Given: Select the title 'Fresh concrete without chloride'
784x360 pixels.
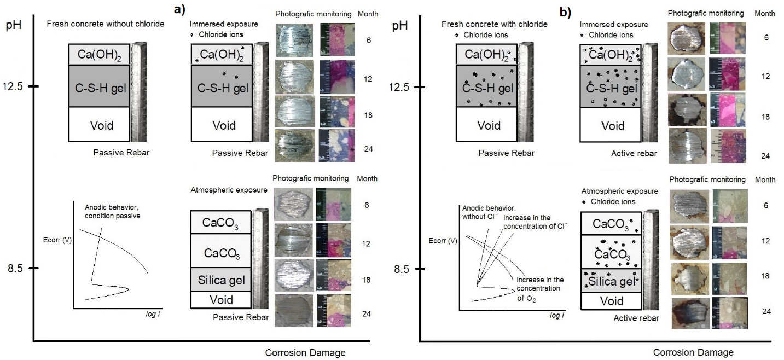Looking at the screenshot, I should [106, 24].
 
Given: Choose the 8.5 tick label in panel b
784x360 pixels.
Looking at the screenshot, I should [404, 269].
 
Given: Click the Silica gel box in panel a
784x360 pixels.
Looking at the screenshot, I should [220, 280].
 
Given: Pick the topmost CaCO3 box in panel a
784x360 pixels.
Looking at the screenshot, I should [220, 223].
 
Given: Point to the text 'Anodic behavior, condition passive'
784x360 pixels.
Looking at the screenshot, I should [113, 211].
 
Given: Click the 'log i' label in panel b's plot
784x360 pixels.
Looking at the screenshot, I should [555, 316].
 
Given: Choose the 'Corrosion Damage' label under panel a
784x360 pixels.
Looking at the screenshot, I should [305, 352].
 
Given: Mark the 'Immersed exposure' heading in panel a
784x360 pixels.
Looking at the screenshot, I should [216, 25].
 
